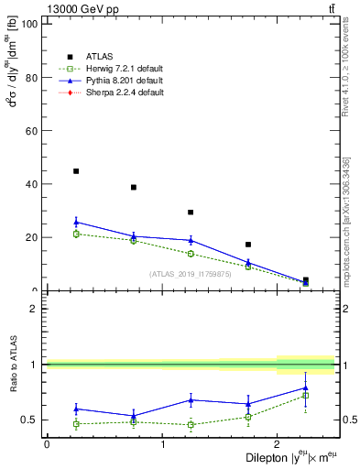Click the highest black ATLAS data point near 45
[x=76, y=171]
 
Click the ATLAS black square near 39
[x=134, y=187]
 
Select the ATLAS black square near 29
[x=191, y=213]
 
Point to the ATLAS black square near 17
[x=248, y=245]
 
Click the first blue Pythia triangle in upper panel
[x=76, y=222]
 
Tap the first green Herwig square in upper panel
[x=76, y=234]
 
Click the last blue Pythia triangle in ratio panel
[x=305, y=387]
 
